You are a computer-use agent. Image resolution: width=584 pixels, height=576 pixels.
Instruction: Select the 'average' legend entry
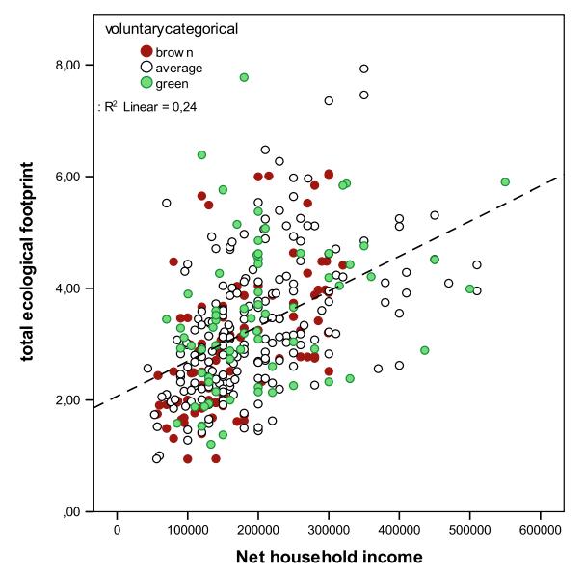click(x=179, y=67)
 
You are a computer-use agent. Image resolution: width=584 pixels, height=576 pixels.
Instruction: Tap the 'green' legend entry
click(x=175, y=83)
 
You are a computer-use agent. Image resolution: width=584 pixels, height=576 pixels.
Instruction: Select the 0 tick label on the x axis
click(x=117, y=530)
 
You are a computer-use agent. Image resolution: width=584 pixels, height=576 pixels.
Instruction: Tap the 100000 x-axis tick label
click(x=187, y=530)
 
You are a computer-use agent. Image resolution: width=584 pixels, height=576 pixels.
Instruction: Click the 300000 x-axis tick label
click(x=329, y=530)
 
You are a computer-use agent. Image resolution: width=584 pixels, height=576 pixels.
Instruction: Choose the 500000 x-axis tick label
click(x=469, y=530)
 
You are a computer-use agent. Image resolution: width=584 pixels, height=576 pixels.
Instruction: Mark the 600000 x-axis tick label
click(x=540, y=530)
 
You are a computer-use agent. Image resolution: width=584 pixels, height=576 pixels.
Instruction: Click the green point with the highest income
click(x=504, y=181)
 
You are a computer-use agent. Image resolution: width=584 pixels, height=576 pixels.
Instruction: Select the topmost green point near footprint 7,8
click(x=244, y=77)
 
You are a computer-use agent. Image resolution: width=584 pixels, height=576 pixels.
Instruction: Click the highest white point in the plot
click(x=363, y=69)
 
